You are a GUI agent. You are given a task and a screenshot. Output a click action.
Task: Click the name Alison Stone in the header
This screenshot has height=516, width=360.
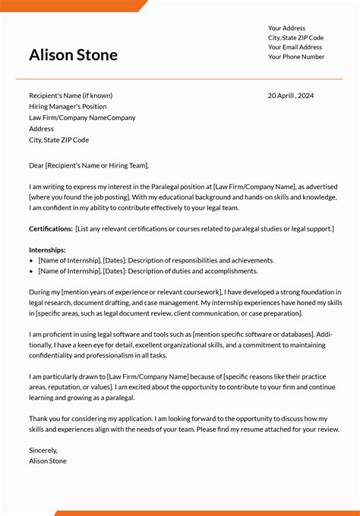pos(73,55)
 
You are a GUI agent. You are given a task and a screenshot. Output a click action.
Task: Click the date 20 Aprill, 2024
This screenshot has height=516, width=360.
pos(291,96)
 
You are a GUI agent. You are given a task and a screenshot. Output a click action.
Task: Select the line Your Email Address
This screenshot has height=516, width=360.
pos(295,47)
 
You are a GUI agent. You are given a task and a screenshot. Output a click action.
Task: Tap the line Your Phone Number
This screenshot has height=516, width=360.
pos(296,57)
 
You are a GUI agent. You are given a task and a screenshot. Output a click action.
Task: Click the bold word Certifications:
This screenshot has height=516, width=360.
pos(51,228)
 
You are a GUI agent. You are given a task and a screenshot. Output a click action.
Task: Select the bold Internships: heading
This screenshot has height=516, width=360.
pos(47,250)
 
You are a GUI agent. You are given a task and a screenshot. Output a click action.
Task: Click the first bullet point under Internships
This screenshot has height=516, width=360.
pos(31,260)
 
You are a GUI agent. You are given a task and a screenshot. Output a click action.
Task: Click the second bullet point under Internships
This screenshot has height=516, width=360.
pos(31,271)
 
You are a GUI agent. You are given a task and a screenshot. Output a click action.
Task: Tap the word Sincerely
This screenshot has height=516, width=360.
pos(43,450)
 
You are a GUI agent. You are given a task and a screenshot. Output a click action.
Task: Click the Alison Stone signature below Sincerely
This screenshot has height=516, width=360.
pos(48,461)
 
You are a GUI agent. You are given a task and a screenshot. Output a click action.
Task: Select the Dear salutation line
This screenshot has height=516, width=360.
pos(89,165)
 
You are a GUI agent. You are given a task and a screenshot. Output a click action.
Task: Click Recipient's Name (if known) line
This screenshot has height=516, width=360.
pos(71,96)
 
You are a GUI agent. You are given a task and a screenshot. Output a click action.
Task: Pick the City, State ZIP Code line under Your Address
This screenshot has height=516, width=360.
pos(295,37)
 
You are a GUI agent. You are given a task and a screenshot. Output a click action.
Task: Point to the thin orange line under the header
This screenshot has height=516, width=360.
pos(179,79)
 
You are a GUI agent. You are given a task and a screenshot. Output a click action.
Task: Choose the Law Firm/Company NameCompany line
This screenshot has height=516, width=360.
pos(82,118)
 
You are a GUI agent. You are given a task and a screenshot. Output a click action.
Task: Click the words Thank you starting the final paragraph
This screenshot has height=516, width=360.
pos(44,418)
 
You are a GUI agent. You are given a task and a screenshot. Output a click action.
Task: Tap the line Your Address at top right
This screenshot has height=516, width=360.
pos(286,28)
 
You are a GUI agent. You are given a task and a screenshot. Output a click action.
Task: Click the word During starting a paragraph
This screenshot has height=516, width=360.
pos(39,291)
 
